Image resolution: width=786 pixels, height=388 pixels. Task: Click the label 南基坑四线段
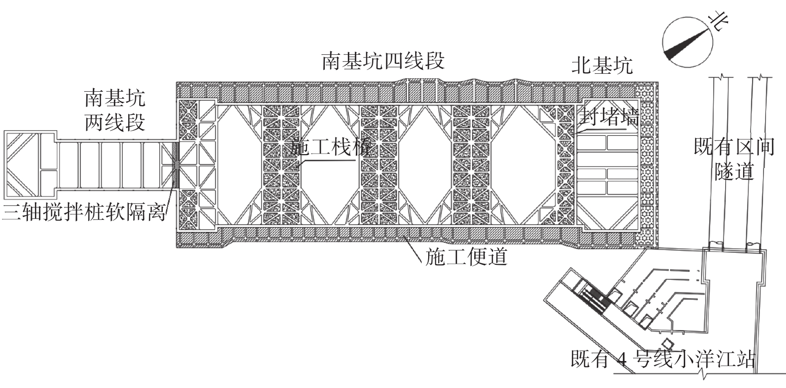pyautogui.click(x=383, y=61)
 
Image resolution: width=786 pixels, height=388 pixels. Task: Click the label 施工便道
pyautogui.click(x=466, y=258)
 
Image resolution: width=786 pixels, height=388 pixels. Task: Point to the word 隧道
pyautogui.click(x=734, y=172)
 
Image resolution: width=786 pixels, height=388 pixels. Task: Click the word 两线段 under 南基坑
pyautogui.click(x=115, y=122)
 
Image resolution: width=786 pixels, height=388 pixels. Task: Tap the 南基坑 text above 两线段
pyautogui.click(x=115, y=98)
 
